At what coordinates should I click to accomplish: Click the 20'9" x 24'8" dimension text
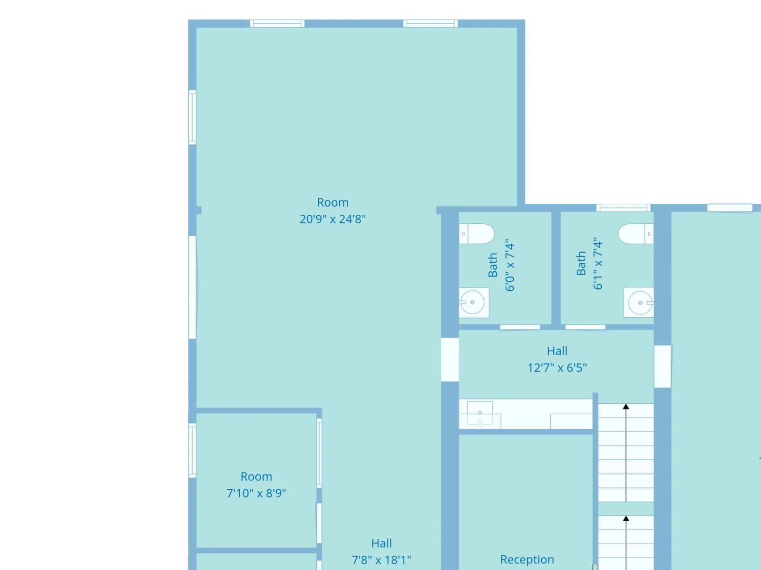point(332,219)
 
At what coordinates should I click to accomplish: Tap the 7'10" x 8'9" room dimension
point(256,493)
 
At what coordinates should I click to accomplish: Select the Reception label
point(527,560)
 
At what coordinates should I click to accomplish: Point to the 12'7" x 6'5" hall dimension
point(557,368)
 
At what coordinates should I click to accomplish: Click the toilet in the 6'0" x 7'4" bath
point(477,234)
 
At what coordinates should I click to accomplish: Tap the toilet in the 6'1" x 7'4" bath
point(636,234)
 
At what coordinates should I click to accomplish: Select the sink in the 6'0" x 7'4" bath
point(474,303)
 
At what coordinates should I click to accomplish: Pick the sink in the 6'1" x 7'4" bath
point(639,303)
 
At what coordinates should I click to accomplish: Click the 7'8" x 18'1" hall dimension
point(381,560)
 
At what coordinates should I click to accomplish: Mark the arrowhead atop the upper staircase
point(626,407)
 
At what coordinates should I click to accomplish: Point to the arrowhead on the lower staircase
point(626,518)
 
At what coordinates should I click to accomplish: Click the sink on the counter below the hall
point(480,413)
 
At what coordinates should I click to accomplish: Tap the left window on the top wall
point(277,24)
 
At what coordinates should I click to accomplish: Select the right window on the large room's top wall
point(430,24)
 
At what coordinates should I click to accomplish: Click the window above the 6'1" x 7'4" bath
point(624,208)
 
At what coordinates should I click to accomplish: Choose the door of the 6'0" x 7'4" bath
point(520,327)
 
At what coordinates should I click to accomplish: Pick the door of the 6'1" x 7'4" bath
point(585,327)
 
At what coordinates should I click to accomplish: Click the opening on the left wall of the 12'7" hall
point(450,360)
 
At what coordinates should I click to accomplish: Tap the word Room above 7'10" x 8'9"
point(256,476)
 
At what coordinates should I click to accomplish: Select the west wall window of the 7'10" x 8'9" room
point(193,451)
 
